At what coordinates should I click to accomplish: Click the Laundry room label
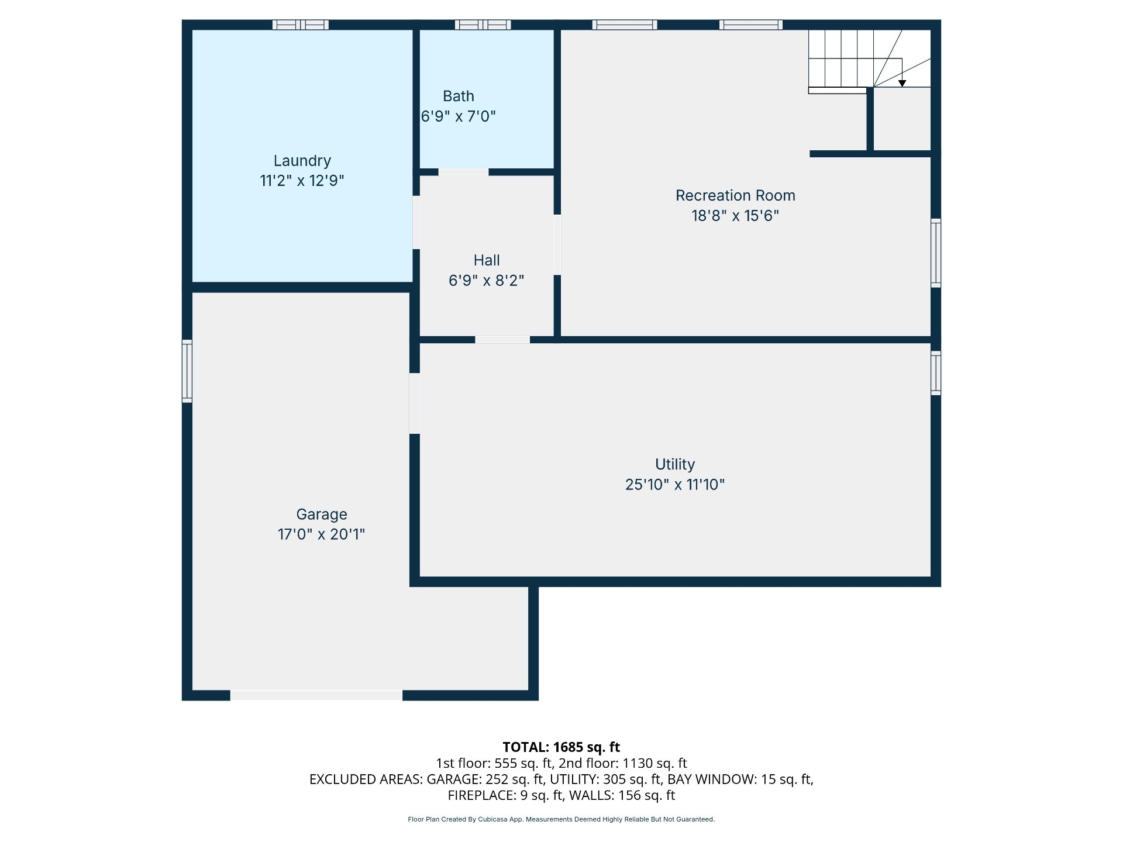coord(302,161)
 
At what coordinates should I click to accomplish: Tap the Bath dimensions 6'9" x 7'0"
coord(459,116)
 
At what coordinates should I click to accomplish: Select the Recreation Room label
coord(735,195)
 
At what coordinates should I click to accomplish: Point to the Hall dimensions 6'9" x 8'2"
coord(486,281)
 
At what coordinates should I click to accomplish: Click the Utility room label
coord(675,464)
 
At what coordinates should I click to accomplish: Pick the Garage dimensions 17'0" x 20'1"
coord(321,534)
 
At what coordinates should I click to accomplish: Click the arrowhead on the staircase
coord(902,84)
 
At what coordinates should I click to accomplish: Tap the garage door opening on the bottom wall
coord(316,695)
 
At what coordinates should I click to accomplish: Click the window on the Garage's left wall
coord(187,371)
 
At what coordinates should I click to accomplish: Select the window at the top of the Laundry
coord(301,25)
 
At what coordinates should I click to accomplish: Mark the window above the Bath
coord(483,25)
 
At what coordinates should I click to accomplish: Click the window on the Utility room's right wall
coord(936,373)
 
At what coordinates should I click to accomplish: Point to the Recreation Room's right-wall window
coord(936,253)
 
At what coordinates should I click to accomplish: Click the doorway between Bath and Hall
coord(463,172)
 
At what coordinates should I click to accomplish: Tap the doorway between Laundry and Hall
coord(416,222)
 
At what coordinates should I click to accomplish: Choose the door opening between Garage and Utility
coord(414,403)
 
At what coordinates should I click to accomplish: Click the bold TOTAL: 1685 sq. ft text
coord(561,747)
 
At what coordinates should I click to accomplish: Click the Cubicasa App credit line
coord(561,819)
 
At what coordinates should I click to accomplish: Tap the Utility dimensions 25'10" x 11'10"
coord(675,485)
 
